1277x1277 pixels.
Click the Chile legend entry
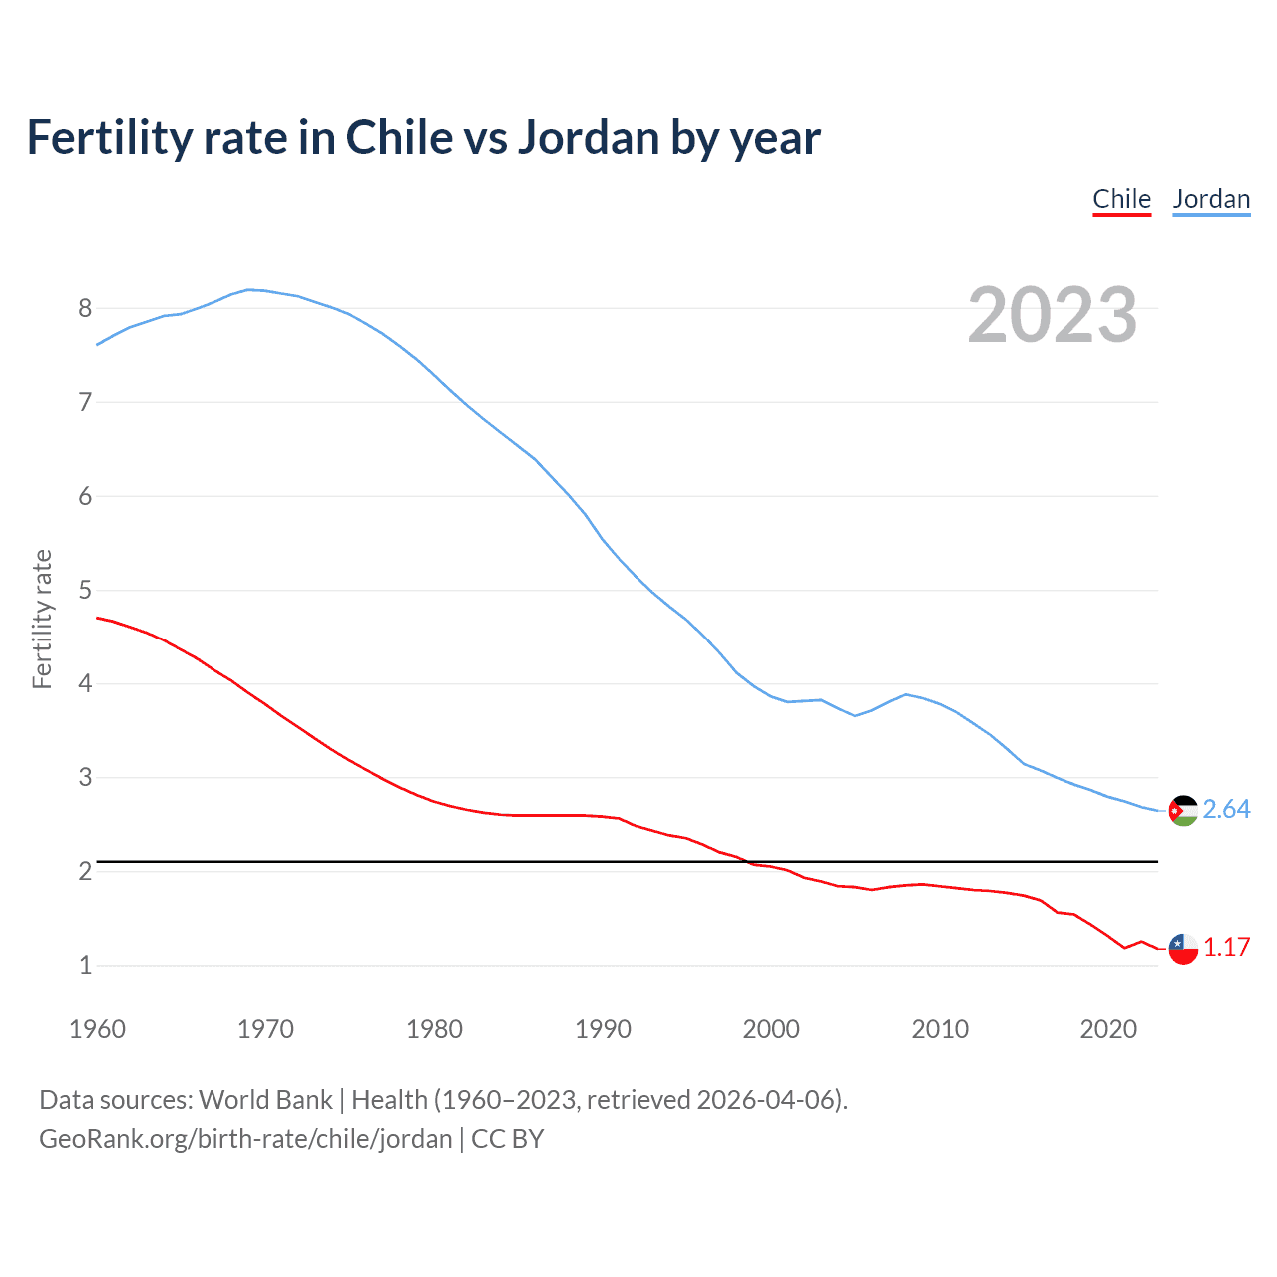[1121, 199]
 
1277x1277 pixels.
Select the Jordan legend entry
[1211, 199]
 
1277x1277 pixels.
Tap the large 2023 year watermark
[1052, 315]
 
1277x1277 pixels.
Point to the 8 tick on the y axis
[85, 308]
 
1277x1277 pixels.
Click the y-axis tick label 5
[85, 590]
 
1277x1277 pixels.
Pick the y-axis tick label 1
[85, 965]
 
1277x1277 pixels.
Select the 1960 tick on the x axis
[97, 1029]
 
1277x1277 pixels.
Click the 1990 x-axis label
[603, 1029]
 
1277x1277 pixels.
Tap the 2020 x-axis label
[1108, 1029]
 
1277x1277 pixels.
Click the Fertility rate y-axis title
[42, 619]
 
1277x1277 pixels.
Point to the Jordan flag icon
[1183, 811]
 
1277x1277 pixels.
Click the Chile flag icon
[1183, 949]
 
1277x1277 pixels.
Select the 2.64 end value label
[1226, 810]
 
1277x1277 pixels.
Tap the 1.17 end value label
[1226, 948]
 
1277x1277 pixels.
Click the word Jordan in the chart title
[588, 138]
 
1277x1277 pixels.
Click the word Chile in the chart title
[397, 138]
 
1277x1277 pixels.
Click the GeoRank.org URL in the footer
[245, 1139]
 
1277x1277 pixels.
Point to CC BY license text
[507, 1139]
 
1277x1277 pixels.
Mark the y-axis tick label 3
[85, 777]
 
